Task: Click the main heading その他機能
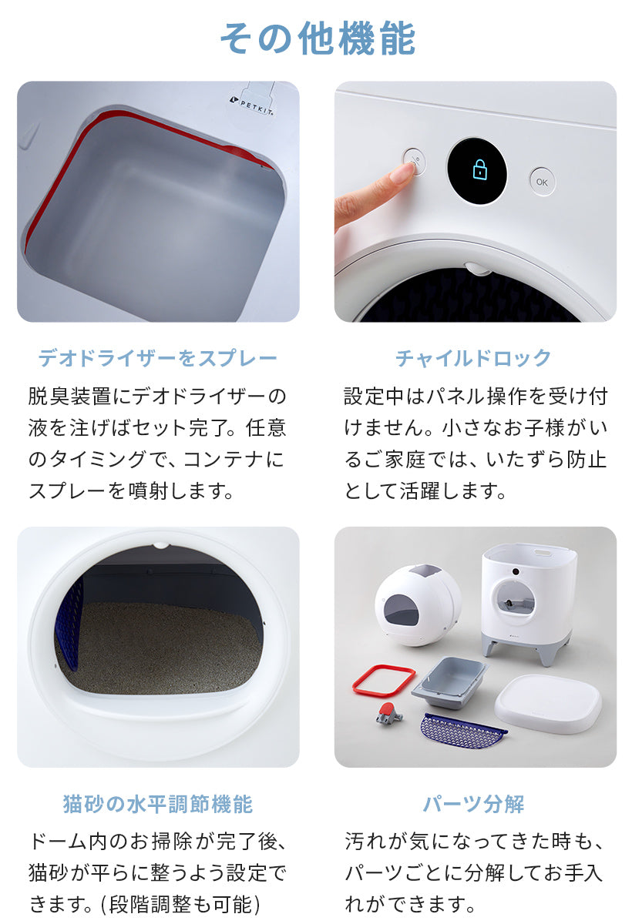click(318, 38)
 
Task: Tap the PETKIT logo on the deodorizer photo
click(253, 105)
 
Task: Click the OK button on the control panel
click(542, 182)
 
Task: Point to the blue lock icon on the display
click(479, 170)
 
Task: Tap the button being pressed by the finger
click(414, 161)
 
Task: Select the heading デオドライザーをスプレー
click(158, 357)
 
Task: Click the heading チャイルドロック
click(473, 357)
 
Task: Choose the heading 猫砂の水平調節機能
click(158, 805)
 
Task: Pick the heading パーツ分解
click(473, 805)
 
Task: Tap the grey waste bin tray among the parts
click(450, 682)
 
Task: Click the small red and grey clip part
click(388, 714)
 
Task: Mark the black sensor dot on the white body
click(515, 571)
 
